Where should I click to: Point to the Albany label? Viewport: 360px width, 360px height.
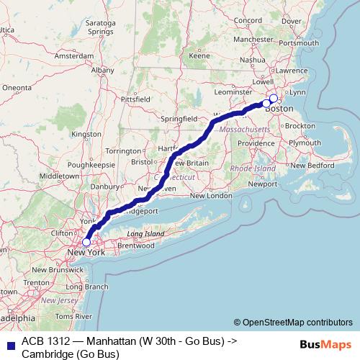[102, 71]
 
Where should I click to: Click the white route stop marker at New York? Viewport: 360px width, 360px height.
[86, 243]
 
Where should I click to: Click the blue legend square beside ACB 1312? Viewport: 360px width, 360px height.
[8, 342]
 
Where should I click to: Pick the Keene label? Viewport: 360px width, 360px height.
[199, 55]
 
